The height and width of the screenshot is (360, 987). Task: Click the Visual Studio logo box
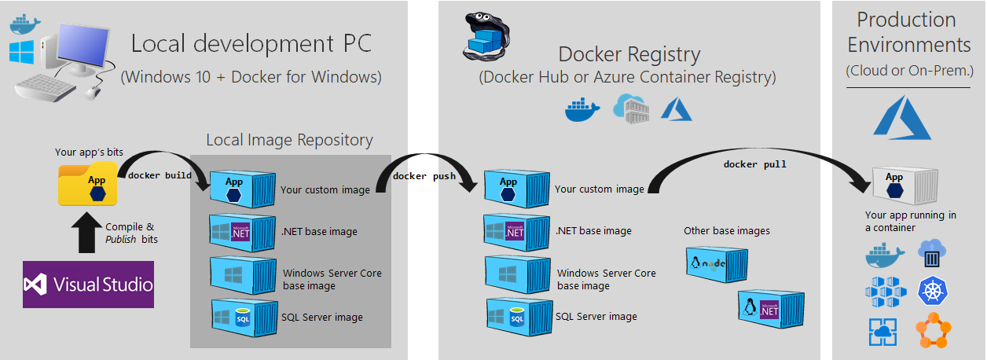88,283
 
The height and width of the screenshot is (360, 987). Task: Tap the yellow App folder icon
87,183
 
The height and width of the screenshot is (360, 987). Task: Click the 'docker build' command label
160,175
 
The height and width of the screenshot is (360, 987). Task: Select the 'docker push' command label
424,175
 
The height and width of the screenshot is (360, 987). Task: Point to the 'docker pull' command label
754,164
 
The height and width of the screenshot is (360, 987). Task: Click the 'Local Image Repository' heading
289,140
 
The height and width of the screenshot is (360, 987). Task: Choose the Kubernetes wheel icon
932,292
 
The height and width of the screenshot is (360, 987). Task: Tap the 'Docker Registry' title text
629,54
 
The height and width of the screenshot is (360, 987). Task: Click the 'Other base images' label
726,231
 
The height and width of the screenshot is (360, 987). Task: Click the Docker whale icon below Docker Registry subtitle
582,109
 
